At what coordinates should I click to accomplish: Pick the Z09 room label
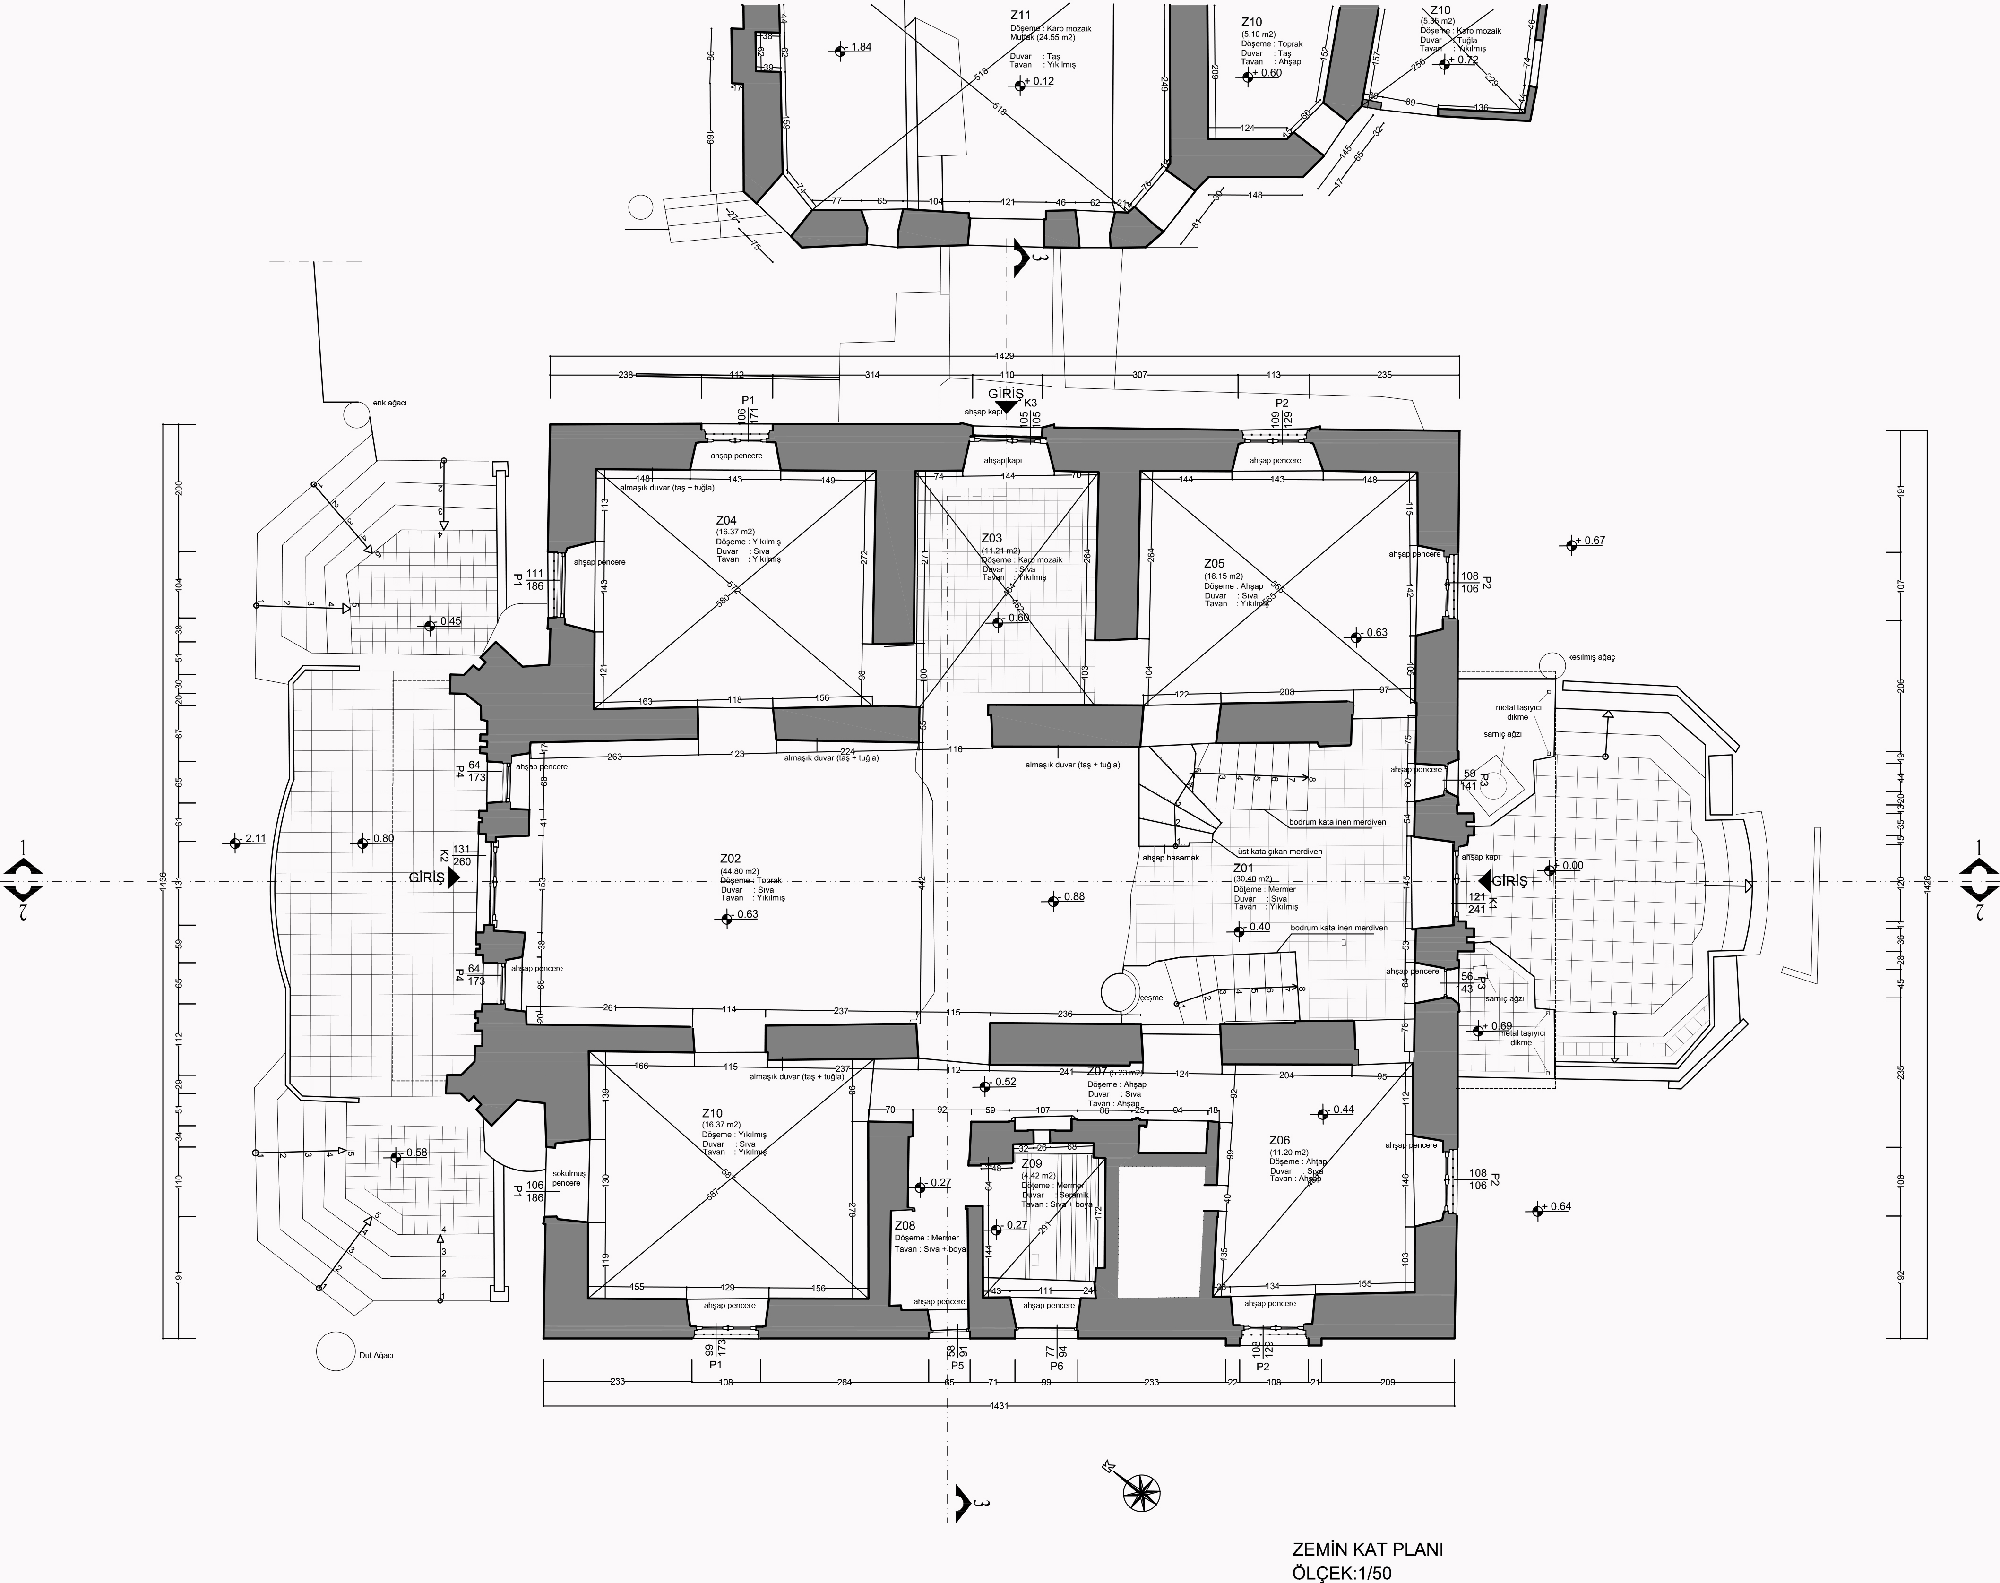pos(1032,1163)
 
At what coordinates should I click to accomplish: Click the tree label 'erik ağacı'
pos(389,403)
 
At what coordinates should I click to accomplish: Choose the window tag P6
pos(1056,1366)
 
